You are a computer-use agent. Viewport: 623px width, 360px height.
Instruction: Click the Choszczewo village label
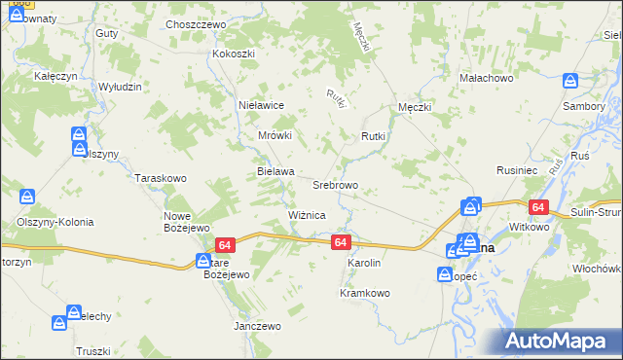coord(196,24)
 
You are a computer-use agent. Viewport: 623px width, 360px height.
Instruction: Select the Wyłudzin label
coord(121,87)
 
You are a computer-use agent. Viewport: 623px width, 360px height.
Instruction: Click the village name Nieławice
coord(261,104)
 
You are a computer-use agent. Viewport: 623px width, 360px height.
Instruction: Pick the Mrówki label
coord(275,136)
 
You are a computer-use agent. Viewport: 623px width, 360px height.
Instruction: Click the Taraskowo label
coord(161,179)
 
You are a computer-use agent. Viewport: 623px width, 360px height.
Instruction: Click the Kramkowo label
coord(365,293)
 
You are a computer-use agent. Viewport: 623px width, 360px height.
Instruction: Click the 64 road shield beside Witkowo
coord(538,207)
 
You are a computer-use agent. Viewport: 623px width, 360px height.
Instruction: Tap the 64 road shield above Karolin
coord(340,241)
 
